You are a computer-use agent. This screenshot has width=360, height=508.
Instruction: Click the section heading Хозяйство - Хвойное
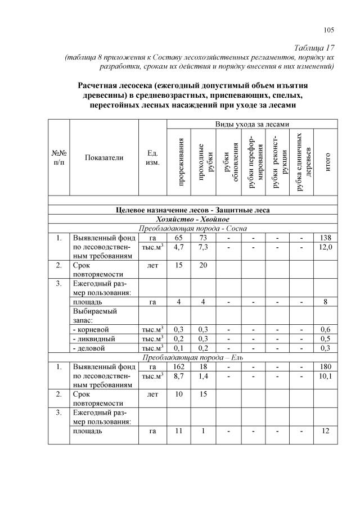pyautogui.click(x=192, y=219)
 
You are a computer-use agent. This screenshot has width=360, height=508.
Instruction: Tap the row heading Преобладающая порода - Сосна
pyautogui.click(x=192, y=228)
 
